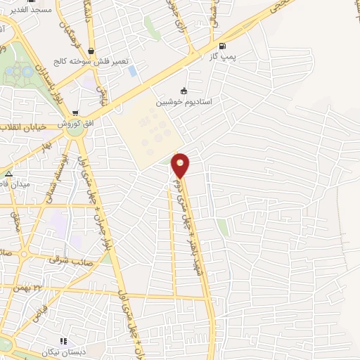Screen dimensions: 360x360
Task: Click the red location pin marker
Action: pyautogui.click(x=181, y=165)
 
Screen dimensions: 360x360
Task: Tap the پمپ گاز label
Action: pyautogui.click(x=223, y=56)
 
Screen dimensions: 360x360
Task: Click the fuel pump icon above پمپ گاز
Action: pyautogui.click(x=223, y=46)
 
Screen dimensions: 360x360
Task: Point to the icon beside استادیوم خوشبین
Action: pyautogui.click(x=184, y=91)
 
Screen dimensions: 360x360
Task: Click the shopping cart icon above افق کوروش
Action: pyautogui.click(x=75, y=112)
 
